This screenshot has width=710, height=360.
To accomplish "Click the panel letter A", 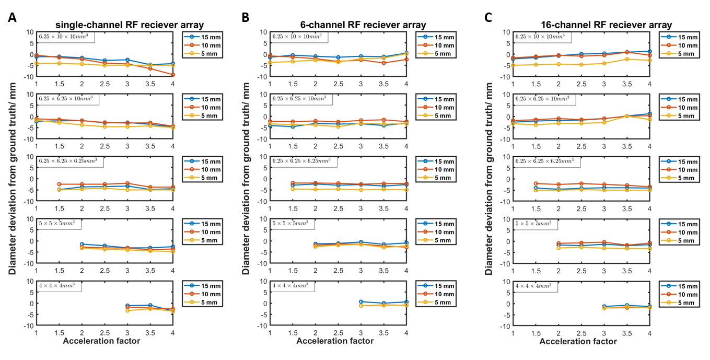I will tap(13, 18).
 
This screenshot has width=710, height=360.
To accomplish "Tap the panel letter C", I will tap(488, 18).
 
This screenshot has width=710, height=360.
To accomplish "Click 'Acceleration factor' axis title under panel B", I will tap(335, 341).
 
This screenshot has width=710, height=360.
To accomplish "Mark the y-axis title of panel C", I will tap(489, 178).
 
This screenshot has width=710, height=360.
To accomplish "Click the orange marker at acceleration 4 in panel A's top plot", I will tap(173, 75).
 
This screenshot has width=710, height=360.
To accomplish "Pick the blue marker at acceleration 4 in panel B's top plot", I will tap(406, 53).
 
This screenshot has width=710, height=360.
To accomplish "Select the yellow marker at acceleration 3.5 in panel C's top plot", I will tap(627, 59).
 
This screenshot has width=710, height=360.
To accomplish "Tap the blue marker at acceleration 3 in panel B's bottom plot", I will tap(360, 301).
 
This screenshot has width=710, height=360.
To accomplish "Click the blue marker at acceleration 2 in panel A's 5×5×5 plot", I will tap(82, 244).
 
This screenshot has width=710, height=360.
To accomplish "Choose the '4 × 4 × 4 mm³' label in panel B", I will tap(290, 286).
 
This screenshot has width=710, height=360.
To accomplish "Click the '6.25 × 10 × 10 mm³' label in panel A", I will tap(65, 37).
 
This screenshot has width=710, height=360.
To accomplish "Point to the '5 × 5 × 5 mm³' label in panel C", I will tap(533, 224).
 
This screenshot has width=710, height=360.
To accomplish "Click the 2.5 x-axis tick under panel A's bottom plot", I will tap(104, 332).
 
